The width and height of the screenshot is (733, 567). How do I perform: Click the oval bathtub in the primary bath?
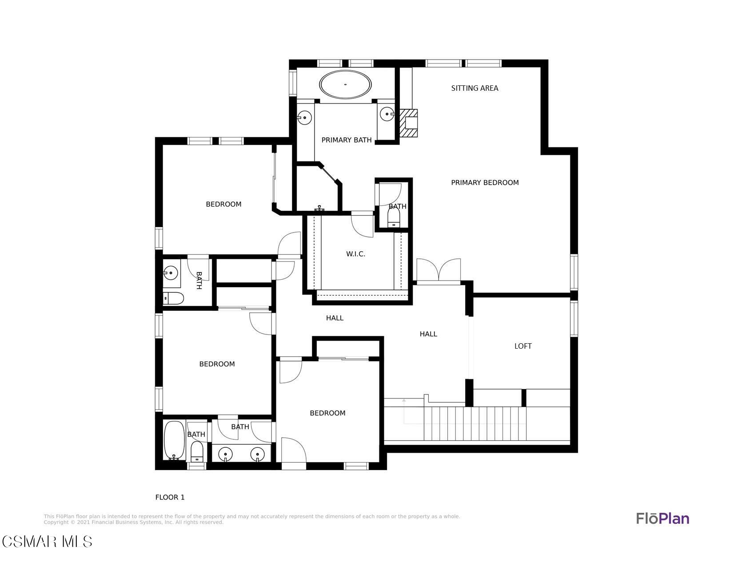[x=345, y=84]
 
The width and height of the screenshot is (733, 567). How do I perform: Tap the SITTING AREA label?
[x=474, y=88]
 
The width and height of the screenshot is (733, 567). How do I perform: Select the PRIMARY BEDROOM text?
[x=485, y=183]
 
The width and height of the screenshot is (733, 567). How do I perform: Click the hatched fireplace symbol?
[x=409, y=123]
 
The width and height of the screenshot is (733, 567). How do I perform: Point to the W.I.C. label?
[x=355, y=254]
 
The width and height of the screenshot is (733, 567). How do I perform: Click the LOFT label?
[x=523, y=346]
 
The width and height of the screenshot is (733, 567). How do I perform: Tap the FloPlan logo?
[x=662, y=519]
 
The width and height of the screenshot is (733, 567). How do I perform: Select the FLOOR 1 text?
[x=170, y=497]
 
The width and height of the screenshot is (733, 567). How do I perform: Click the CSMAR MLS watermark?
[x=47, y=542]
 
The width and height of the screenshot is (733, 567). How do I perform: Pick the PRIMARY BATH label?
[x=347, y=140]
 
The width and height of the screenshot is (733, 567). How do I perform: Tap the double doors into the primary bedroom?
[x=438, y=270]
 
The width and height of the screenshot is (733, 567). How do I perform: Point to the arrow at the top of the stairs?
[x=404, y=411]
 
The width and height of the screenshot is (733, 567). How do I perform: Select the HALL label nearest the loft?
[x=428, y=334]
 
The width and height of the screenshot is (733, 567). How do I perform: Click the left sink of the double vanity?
[x=225, y=454]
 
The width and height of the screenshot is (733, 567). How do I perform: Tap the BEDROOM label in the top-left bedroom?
[x=223, y=204]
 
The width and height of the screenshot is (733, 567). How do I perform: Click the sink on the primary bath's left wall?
[x=304, y=117]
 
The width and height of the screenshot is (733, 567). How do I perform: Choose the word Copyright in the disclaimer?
[x=56, y=523]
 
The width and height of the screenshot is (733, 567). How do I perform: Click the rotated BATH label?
[x=199, y=281]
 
